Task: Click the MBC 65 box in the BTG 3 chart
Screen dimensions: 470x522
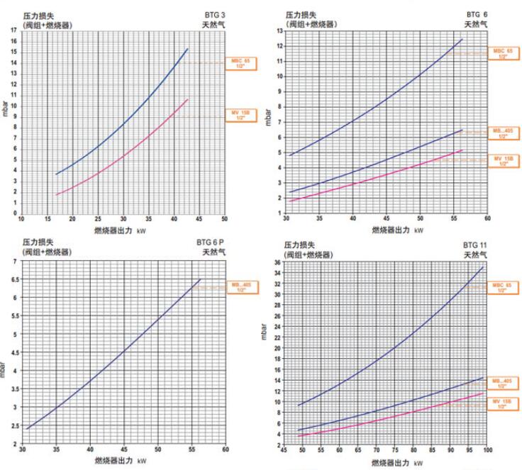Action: (239, 63)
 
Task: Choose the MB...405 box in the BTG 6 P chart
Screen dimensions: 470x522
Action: (241, 287)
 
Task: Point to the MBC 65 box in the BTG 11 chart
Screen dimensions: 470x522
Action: (501, 288)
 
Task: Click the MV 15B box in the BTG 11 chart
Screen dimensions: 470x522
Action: (501, 403)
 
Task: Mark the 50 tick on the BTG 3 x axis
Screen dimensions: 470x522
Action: (224, 218)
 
